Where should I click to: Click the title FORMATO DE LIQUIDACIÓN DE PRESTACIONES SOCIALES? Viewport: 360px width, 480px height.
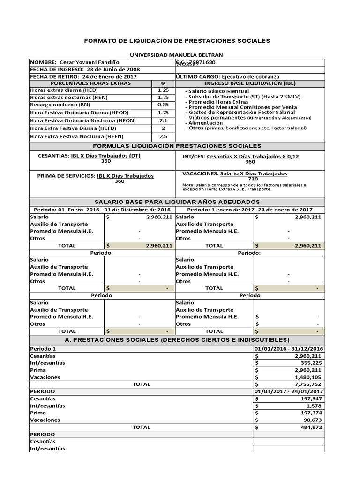[177, 41]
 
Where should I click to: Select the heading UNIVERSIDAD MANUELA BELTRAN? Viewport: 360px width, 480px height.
[177, 55]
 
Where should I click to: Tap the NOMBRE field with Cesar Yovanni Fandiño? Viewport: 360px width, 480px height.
[75, 62]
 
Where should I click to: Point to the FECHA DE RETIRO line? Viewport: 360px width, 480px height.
[80, 76]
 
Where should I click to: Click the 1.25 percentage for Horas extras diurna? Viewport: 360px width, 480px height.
[163, 90]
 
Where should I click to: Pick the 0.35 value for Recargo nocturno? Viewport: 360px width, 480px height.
[163, 105]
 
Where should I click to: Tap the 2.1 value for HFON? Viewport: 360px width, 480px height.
[163, 120]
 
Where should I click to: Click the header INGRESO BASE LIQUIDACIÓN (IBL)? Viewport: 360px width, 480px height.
[250, 83]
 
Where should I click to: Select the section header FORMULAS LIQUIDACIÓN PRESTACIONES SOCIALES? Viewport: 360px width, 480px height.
[178, 146]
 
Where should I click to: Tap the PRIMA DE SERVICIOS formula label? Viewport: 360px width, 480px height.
[67, 176]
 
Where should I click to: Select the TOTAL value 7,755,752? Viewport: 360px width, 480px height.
[308, 384]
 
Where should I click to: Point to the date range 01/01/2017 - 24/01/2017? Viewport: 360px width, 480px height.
[288, 391]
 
